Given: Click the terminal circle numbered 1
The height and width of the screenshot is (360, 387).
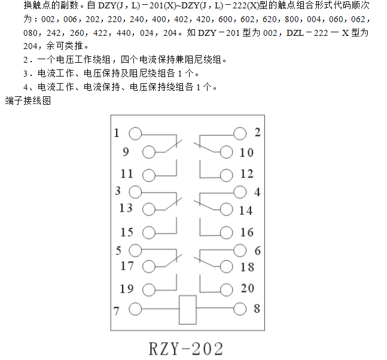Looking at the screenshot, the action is click(x=135, y=134).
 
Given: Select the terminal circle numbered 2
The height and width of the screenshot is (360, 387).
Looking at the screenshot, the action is click(x=240, y=134).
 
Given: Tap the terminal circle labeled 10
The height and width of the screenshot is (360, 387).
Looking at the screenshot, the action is click(x=226, y=152).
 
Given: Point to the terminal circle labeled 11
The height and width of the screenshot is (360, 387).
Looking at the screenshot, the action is click(x=149, y=176).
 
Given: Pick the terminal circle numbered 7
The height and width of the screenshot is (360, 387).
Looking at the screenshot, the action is click(x=135, y=309).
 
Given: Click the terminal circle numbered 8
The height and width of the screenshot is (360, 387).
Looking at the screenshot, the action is click(x=240, y=309).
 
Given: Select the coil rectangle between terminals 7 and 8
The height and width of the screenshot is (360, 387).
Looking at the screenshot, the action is click(x=188, y=310).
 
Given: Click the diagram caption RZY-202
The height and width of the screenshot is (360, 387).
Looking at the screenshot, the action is click(x=186, y=349).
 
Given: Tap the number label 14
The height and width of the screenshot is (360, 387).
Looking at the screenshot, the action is click(x=246, y=210).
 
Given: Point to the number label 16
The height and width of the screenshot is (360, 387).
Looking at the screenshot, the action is click(x=247, y=232).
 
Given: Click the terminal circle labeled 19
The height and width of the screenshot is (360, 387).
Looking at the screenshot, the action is click(x=149, y=289).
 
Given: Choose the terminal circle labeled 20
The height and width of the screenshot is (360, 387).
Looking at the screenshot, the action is click(x=226, y=289).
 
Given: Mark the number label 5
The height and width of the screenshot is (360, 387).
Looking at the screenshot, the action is click(x=118, y=251).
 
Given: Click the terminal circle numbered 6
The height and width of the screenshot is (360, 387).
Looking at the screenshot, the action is click(x=240, y=251).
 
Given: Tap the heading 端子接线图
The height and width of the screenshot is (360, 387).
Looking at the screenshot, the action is click(x=28, y=100).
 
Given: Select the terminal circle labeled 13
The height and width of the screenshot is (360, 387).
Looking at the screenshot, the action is click(x=149, y=210).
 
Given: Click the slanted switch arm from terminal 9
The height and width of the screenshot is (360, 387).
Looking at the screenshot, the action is click(x=173, y=146).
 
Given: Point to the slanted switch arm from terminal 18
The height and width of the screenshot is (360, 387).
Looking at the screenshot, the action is click(x=203, y=262).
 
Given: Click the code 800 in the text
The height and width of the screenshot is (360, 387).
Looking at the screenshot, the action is click(x=292, y=19).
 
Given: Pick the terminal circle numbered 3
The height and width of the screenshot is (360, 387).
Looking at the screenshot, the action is click(x=135, y=192).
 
